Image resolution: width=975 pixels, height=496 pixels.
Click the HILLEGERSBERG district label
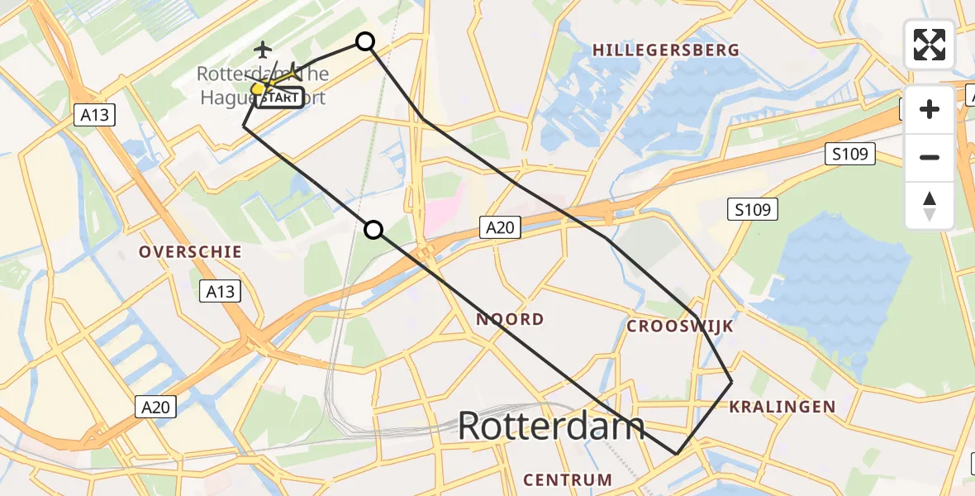tap(665, 50)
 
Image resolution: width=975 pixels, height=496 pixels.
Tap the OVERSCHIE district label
tap(190, 252)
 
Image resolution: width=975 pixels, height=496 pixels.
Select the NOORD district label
tap(510, 319)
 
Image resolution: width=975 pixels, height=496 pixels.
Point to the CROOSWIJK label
tap(680, 327)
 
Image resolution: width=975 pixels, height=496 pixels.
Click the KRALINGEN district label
tap(782, 407)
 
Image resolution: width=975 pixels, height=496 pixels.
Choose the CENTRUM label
tap(568, 479)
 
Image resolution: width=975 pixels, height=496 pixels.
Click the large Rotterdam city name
tap(550, 427)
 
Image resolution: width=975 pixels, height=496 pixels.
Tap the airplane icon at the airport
tap(264, 50)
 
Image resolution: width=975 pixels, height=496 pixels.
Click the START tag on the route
tap(281, 98)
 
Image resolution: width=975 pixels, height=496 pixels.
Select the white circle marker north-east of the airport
tap(364, 41)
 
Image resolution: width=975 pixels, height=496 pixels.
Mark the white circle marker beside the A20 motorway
tap(374, 230)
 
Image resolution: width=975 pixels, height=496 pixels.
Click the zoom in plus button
tap(930, 109)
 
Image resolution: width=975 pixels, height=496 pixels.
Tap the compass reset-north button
tap(930, 205)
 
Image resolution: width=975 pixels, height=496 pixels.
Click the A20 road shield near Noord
tap(501, 227)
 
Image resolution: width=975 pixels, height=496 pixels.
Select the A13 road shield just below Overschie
tap(221, 291)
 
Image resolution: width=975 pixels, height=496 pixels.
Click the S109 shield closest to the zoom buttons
tap(850, 154)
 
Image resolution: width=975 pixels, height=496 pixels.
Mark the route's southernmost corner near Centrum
tap(677, 454)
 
